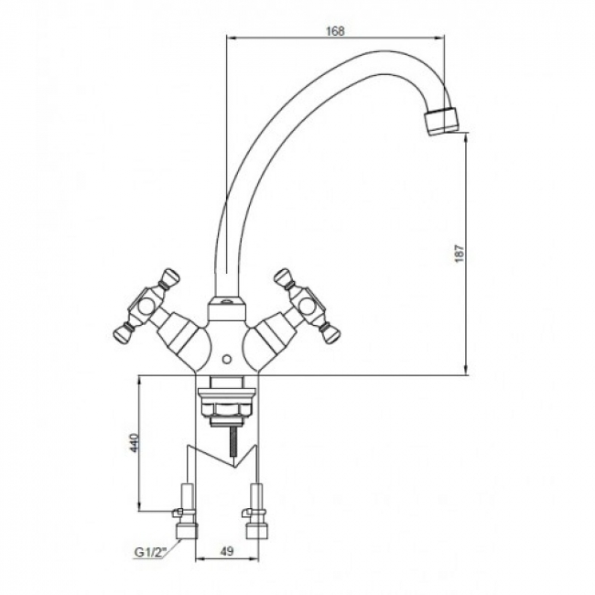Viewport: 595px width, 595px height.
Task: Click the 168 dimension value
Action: (335, 31)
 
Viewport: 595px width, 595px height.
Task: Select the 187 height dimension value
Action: (460, 253)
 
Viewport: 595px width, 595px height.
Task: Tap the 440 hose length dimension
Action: (135, 442)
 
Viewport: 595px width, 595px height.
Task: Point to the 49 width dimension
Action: (227, 551)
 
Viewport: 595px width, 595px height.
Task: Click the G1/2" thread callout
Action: (151, 553)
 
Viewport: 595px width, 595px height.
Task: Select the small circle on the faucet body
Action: (227, 359)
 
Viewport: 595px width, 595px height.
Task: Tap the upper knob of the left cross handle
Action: (169, 276)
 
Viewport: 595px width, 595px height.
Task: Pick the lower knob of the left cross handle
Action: (123, 331)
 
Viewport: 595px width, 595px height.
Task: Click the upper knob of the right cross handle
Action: (284, 276)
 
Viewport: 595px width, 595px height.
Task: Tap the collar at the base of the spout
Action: (226, 309)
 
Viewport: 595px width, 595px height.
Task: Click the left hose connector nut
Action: (187, 530)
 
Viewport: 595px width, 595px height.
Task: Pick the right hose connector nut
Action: (257, 530)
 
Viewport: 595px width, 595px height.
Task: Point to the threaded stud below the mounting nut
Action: (231, 442)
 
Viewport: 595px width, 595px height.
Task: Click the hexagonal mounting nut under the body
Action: (226, 408)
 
